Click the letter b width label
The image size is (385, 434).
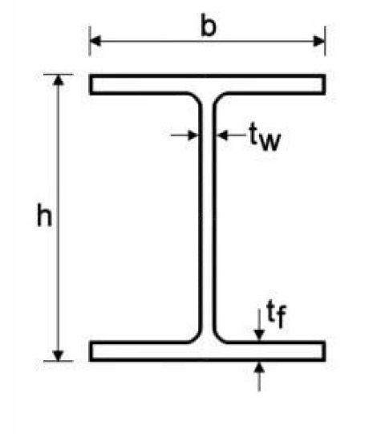208,25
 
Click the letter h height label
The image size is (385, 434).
44,215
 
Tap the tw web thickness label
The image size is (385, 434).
265,136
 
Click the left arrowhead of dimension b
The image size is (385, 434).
95,41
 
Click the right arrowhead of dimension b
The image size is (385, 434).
319,41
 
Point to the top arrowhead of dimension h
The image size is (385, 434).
58,80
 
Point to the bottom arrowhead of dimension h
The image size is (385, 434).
58,355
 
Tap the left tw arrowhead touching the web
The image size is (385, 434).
193,135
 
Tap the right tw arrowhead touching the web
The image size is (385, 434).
223,135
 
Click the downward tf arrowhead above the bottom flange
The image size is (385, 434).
259,335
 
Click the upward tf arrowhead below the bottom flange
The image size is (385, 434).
259,368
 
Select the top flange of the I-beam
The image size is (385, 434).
207,84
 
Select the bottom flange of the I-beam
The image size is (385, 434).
207,351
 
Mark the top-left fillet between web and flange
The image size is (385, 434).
196,99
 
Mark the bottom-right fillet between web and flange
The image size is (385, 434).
219,337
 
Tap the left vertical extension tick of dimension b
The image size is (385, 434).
89,41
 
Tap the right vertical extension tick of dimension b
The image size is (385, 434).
325,41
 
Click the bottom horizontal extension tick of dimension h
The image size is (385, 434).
58,361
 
